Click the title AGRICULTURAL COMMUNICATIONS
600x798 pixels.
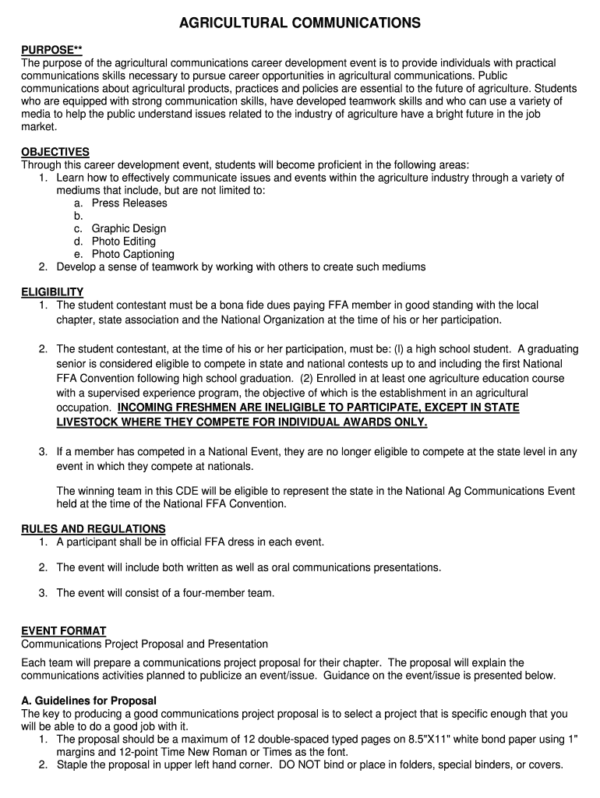[300, 24]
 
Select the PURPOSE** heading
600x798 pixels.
[51, 50]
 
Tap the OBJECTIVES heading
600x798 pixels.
[55, 152]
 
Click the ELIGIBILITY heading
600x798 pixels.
[52, 292]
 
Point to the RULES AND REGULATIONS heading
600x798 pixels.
[94, 528]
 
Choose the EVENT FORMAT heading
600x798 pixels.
[64, 630]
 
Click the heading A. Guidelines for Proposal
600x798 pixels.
[89, 701]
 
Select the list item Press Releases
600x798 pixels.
[129, 203]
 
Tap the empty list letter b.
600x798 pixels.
[79, 216]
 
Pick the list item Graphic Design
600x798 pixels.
[129, 229]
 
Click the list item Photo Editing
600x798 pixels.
[124, 242]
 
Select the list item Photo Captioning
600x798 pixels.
[133, 254]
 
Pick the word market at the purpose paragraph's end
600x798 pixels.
[39, 126]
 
